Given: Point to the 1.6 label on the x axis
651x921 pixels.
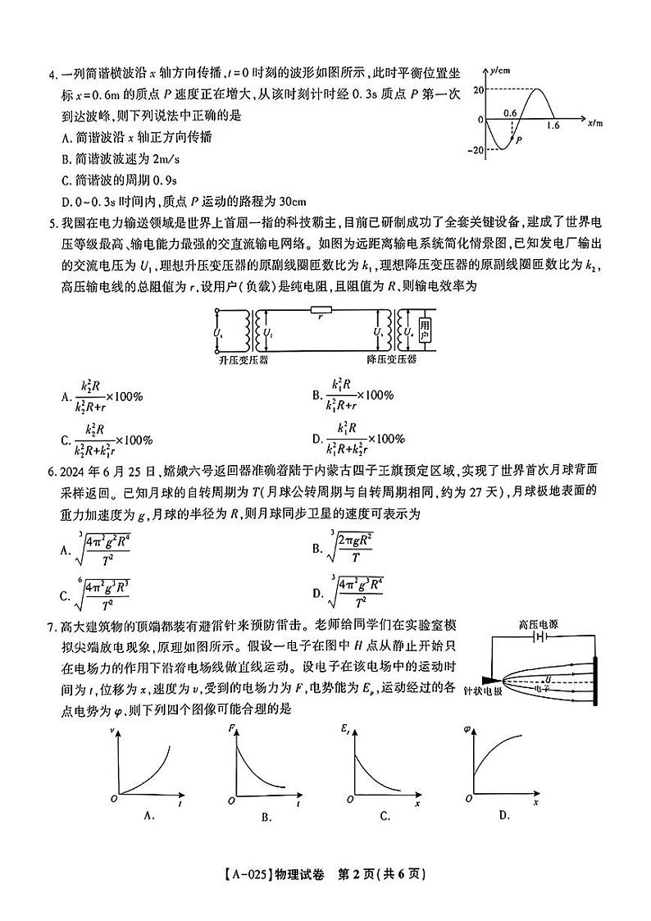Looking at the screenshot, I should (551, 126).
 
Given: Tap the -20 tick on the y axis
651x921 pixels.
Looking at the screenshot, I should (474, 150).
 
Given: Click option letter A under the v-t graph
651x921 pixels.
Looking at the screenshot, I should (149, 815).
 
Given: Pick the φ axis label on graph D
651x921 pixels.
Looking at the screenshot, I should (467, 727).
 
